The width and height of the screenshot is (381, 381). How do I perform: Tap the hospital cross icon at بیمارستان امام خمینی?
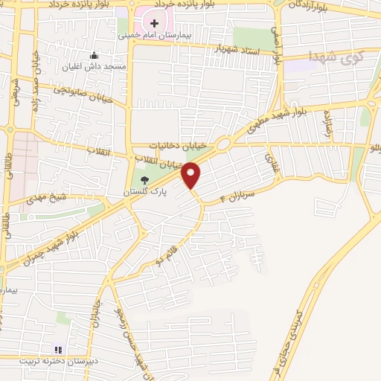[x=154, y=24]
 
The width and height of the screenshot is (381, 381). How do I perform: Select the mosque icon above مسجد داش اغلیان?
[x=94, y=55]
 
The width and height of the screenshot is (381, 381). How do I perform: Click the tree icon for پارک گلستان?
[x=144, y=179]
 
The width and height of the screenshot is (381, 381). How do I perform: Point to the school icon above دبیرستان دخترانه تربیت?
[x=58, y=349]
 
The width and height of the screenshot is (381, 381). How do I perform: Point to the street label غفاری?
[x=270, y=161]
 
